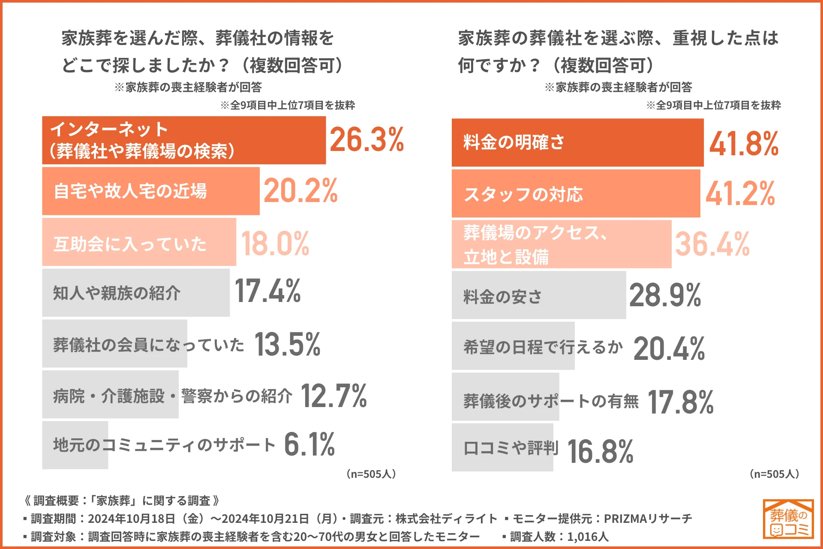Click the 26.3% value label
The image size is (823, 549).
tap(366, 140)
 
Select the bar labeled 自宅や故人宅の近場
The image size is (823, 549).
tap(150, 191)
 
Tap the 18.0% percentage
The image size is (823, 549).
tap(275, 244)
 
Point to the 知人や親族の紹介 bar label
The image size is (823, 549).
tap(117, 293)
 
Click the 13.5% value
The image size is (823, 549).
tap(287, 344)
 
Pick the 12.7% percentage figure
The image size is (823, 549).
tap(333, 396)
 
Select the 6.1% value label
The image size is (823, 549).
tap(309, 444)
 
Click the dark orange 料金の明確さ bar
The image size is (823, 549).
tap(577, 142)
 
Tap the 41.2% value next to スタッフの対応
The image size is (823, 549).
tap(740, 194)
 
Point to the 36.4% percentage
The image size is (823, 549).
tap(712, 244)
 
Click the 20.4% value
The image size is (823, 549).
tap(669, 348)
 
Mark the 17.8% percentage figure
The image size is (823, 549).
tap(680, 402)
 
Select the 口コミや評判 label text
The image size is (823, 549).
tap(511, 448)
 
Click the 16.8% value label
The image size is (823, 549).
tap(600, 452)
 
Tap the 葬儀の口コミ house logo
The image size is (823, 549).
tap(788, 519)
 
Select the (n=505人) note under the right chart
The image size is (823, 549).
tap(774, 474)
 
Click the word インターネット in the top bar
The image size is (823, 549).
tap(109, 129)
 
